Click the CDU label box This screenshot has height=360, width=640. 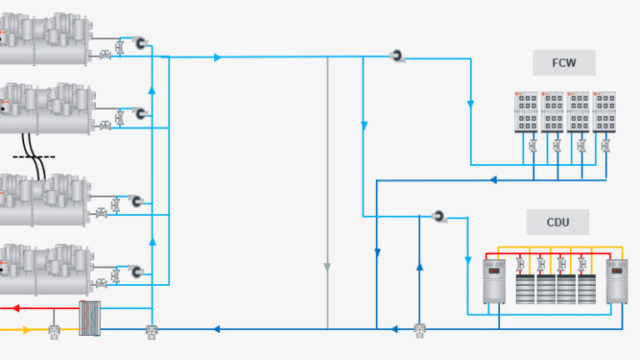click(557, 222)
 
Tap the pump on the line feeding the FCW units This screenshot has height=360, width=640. click(397, 57)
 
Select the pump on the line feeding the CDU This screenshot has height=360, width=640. click(439, 217)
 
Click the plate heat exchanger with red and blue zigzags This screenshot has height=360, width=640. click(89, 317)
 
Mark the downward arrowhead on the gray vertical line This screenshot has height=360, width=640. click(327, 267)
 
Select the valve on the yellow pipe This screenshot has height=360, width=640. click(55, 331)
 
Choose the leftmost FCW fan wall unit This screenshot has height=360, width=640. click(527, 112)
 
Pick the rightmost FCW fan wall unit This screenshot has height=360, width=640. click(604, 112)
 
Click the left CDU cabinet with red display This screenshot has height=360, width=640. click(494, 281)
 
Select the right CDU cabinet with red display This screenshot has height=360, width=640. click(617, 281)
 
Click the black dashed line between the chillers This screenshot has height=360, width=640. click(34, 156)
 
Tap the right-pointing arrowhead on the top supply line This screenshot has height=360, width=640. click(217, 57)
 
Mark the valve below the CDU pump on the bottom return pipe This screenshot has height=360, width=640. click(419, 330)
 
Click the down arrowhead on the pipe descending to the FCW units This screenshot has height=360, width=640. click(470, 105)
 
